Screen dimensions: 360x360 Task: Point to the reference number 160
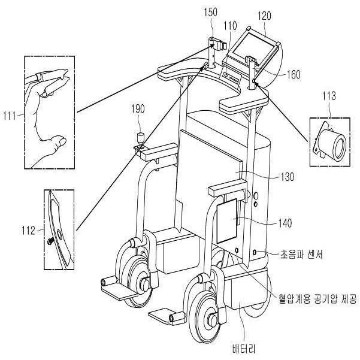tap(294, 75)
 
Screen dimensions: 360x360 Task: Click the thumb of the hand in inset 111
tap(58, 143)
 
